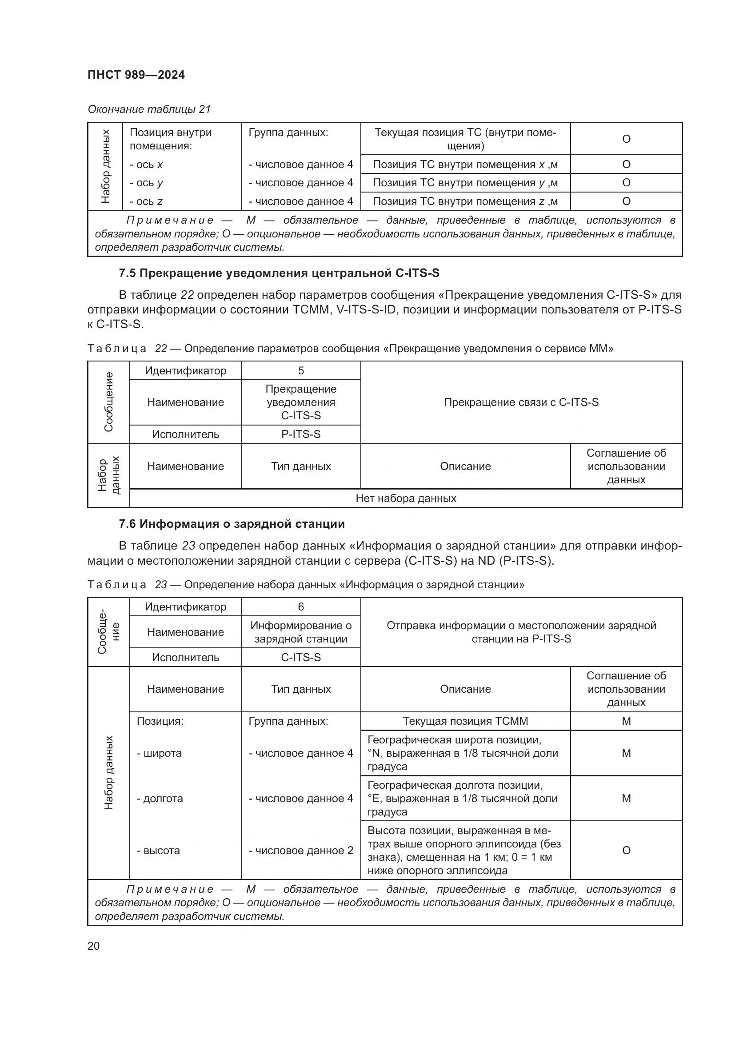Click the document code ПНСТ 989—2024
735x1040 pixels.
(136, 75)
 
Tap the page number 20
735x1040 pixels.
(94, 946)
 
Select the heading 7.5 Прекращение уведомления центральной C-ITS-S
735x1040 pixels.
(279, 273)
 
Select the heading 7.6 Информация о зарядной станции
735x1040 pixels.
(232, 524)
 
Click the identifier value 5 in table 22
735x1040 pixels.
(301, 370)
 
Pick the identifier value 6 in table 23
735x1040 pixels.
(301, 607)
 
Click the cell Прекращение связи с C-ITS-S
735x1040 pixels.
(521, 402)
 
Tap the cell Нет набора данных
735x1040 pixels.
(406, 498)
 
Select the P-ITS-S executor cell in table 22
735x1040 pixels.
(301, 434)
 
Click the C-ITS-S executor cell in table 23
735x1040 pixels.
(301, 657)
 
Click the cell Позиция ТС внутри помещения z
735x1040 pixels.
(465, 201)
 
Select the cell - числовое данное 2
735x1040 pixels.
(301, 851)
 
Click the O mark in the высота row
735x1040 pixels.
(626, 851)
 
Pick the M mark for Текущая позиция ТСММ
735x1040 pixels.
(626, 721)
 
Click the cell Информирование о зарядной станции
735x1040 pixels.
(301, 632)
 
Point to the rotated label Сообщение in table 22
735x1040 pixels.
(108, 402)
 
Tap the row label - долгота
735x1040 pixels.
(160, 799)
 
